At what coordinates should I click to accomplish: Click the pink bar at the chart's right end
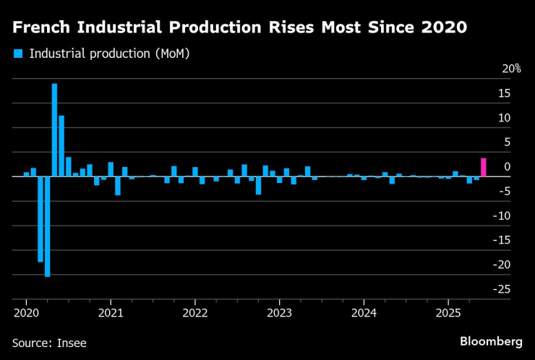[483, 167]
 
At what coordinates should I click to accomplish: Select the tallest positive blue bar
[54, 130]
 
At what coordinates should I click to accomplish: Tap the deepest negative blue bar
[47, 226]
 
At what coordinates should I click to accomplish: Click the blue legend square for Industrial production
[18, 53]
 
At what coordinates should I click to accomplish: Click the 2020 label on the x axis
[26, 313]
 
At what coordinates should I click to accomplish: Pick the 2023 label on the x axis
[280, 313]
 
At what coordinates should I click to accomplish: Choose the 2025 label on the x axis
[448, 313]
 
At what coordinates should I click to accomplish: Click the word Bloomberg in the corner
[491, 340]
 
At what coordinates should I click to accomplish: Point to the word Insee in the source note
[72, 343]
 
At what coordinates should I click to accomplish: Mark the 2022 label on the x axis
[195, 313]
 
